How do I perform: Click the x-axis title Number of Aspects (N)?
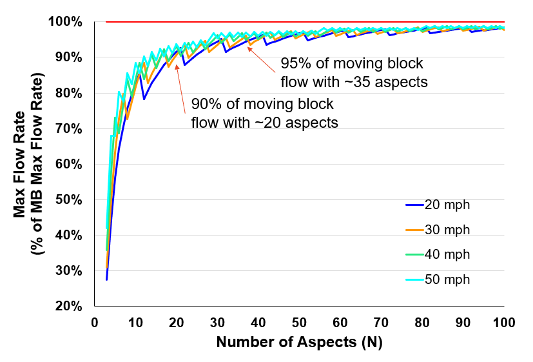point(299,343)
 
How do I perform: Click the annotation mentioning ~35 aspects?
point(354,73)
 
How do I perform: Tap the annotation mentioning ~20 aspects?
point(264,114)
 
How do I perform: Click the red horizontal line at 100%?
point(303,22)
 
